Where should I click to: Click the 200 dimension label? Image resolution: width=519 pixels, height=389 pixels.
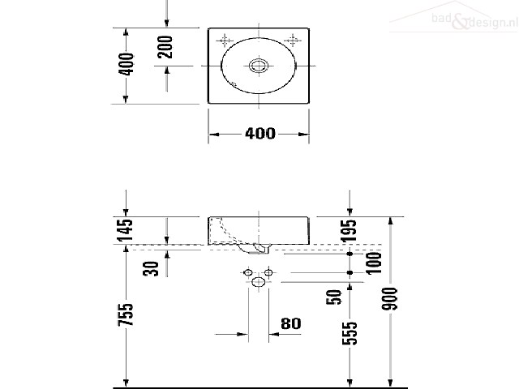[165, 47]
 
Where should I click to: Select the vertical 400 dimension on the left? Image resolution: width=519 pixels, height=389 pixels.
[127, 64]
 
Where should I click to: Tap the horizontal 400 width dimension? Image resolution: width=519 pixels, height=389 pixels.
[260, 133]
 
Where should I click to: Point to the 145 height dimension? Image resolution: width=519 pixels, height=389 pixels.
[126, 230]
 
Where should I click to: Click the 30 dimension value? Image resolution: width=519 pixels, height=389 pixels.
[151, 268]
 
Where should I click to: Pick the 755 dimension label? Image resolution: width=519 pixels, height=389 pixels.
[126, 314]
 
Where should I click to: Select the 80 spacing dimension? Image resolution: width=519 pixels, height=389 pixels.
[291, 324]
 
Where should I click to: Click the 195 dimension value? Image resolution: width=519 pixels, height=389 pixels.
[350, 231]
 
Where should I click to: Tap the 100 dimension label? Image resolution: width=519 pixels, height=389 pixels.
[374, 263]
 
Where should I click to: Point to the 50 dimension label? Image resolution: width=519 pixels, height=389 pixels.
[333, 297]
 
